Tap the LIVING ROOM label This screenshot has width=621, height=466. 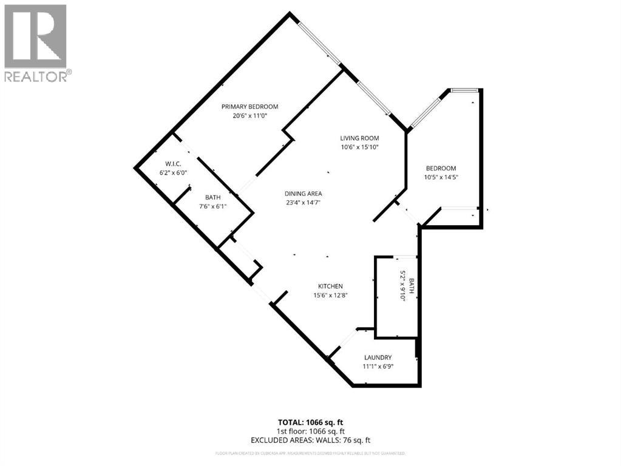359,138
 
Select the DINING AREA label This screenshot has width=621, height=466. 302,194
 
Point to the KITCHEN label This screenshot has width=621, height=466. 331,286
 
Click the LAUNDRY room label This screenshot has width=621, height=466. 378,357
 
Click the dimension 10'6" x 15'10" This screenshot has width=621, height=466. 359,147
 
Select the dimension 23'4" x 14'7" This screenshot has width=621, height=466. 302,203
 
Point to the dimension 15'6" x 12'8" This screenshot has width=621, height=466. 331,295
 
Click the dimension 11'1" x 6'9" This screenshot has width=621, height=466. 378,366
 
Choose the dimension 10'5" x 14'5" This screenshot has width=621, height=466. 441,177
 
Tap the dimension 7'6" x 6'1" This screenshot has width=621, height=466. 212,206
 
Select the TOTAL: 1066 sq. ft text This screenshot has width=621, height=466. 310,422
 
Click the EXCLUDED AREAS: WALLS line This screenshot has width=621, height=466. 310,440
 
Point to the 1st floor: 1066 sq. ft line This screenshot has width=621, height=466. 310,431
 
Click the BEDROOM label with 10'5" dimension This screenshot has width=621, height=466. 441,168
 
